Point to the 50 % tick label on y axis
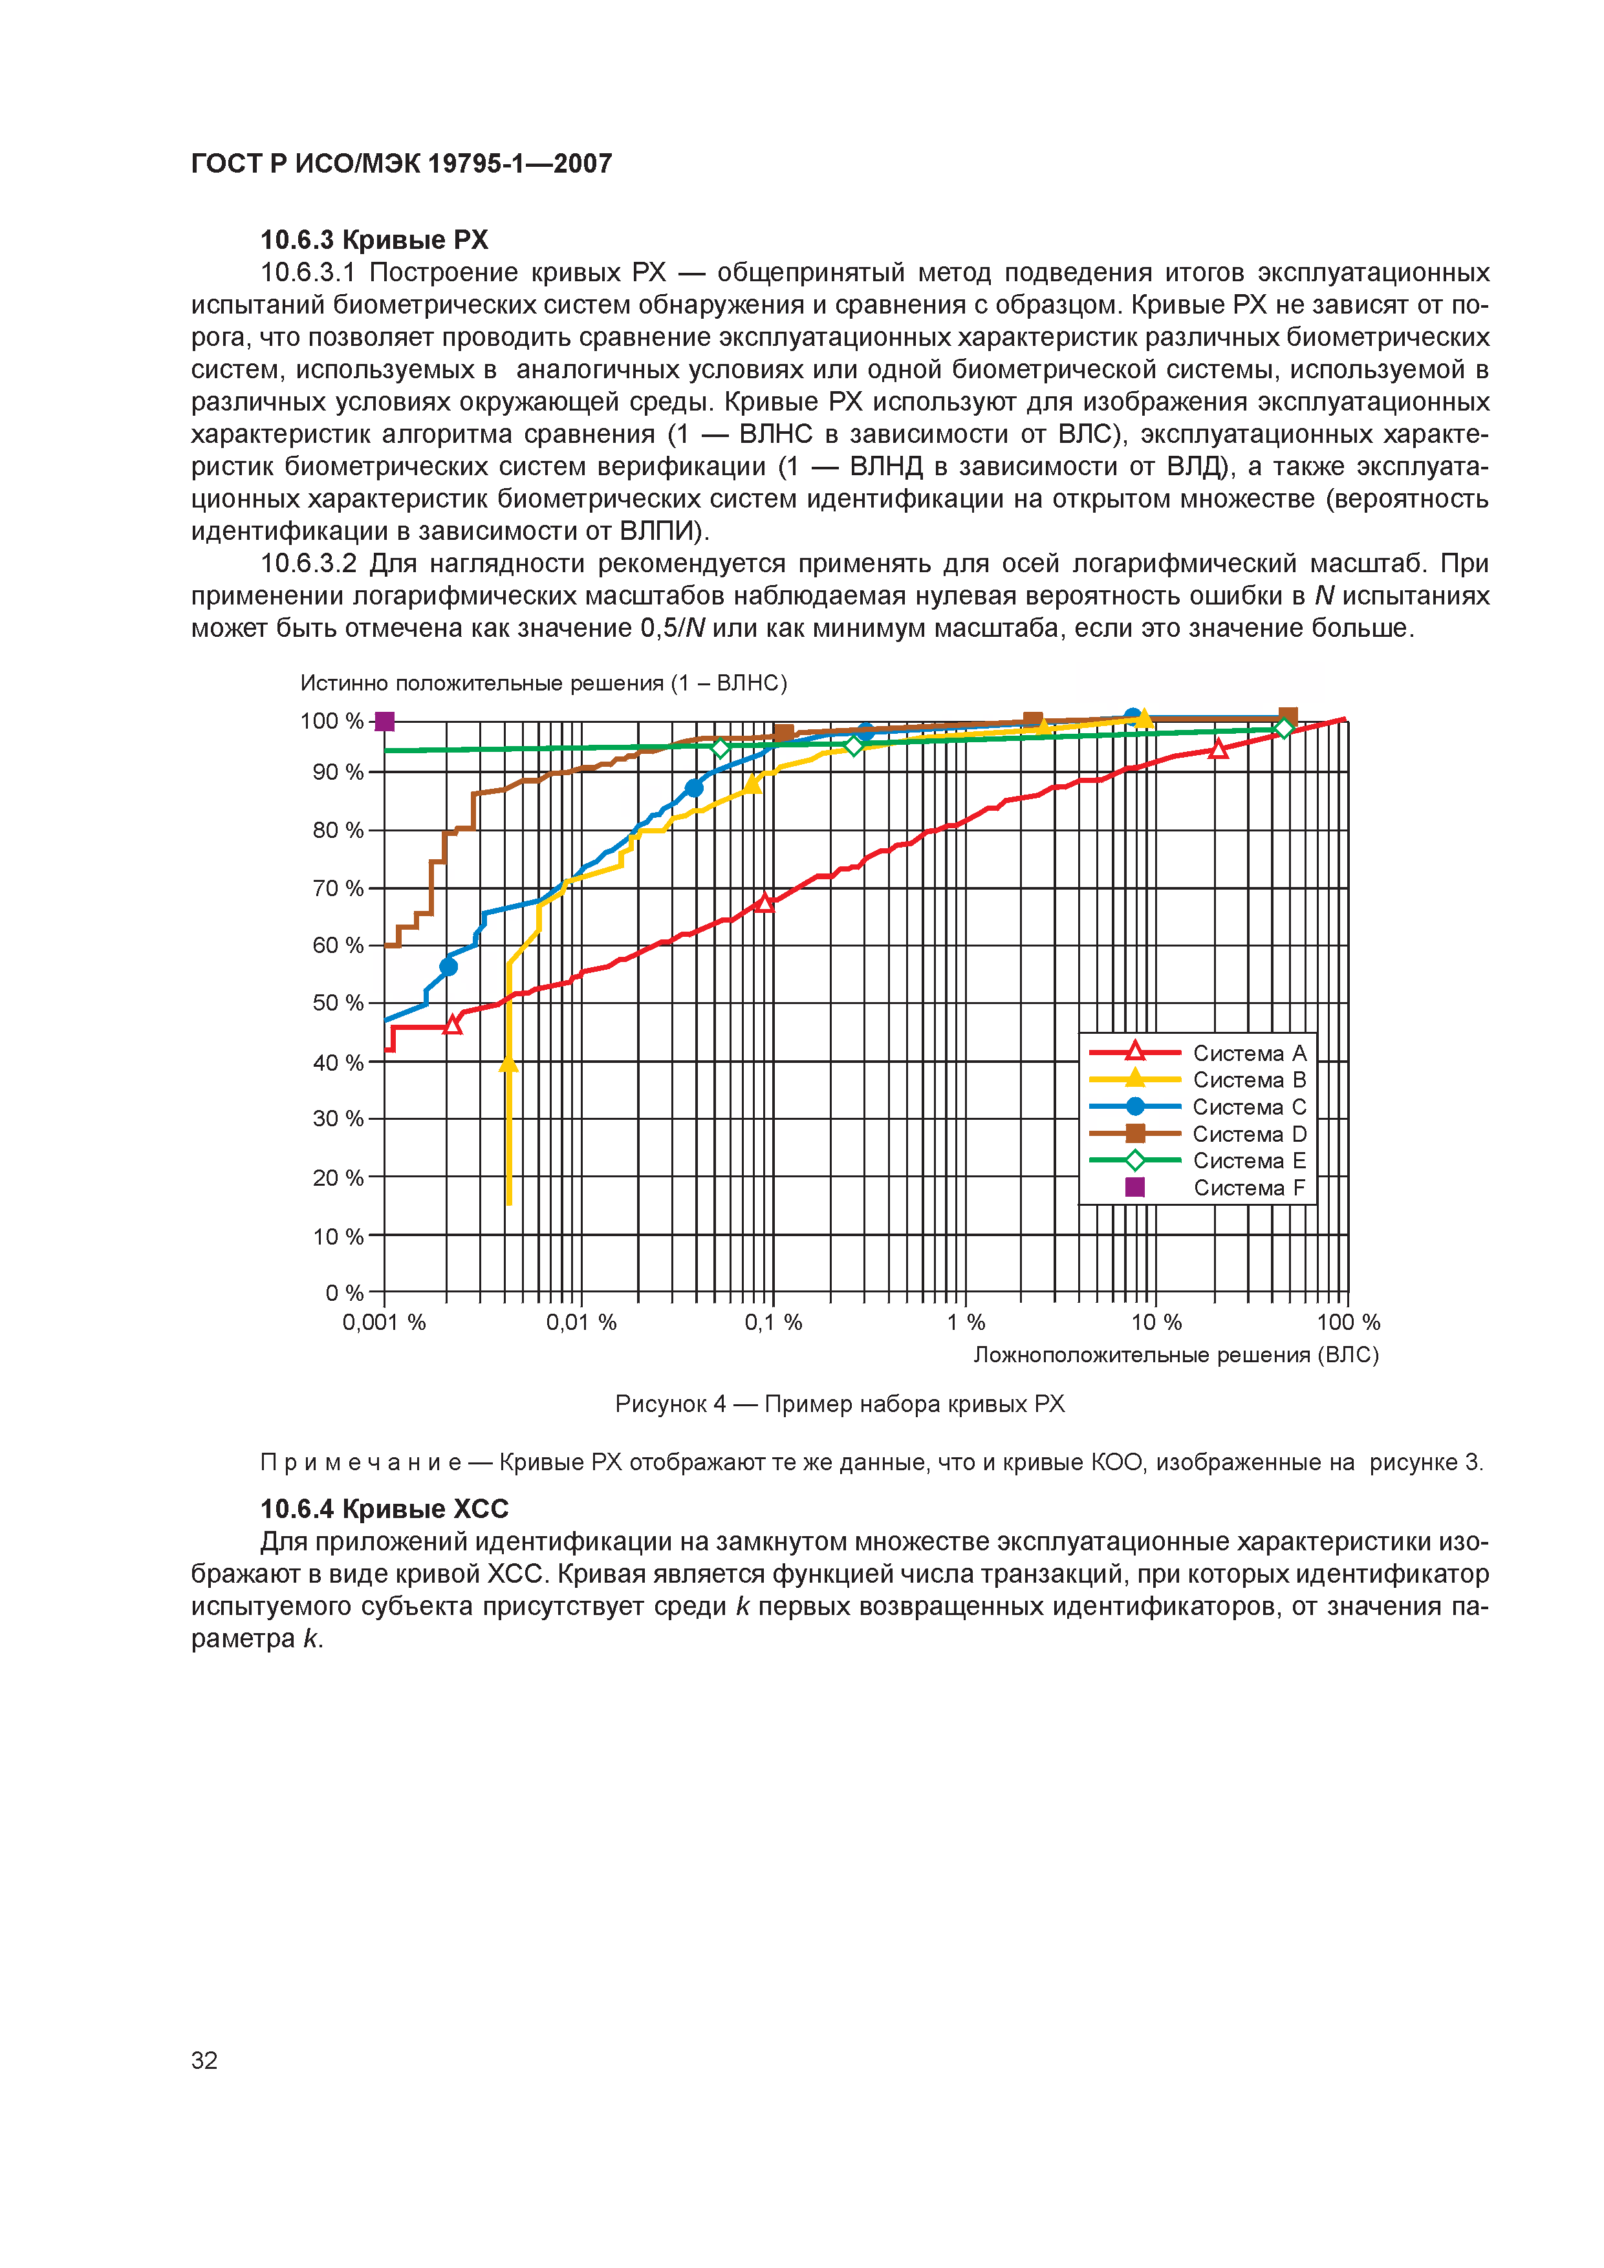(x=338, y=1003)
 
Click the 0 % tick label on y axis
(x=344, y=1293)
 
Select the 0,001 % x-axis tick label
(x=384, y=1323)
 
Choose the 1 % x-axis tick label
(x=966, y=1323)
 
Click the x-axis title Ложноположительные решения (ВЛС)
(x=1175, y=1355)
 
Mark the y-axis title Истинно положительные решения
(x=543, y=683)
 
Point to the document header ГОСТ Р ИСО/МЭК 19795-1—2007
(x=401, y=164)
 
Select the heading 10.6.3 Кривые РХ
(x=374, y=240)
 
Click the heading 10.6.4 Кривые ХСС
(x=384, y=1510)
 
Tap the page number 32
(x=204, y=2060)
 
